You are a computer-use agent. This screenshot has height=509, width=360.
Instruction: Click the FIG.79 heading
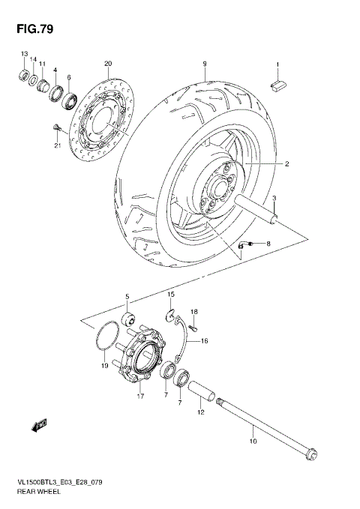coord(32,29)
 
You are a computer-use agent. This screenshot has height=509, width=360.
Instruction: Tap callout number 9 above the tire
coord(204,64)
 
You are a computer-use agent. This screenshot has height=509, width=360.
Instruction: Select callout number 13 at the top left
coord(24,55)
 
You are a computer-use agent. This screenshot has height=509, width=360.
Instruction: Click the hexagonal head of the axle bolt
coord(313,455)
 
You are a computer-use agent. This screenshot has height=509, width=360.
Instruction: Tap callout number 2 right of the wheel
coord(286,164)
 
